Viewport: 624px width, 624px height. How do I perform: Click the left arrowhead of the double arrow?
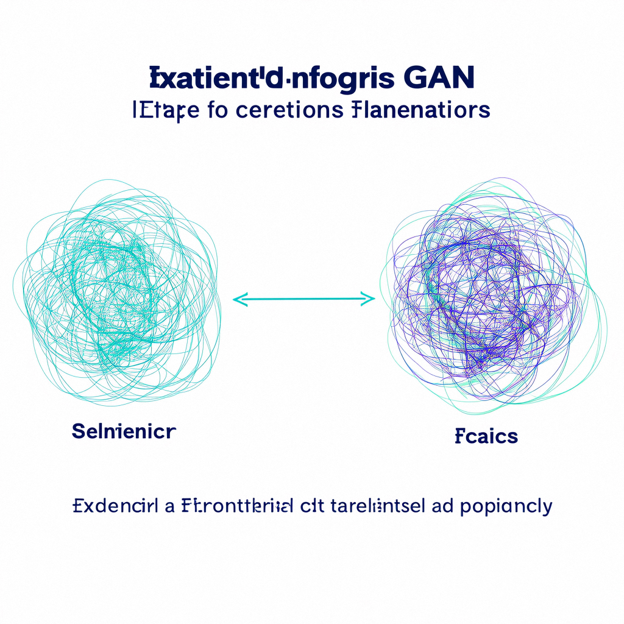coord(238,299)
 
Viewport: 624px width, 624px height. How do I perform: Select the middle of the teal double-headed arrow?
coord(303,299)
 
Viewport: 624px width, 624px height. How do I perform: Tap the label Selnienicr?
coord(124,432)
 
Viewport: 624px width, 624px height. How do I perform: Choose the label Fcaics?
coord(486,436)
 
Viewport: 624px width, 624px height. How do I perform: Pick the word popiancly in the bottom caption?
coord(506,507)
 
